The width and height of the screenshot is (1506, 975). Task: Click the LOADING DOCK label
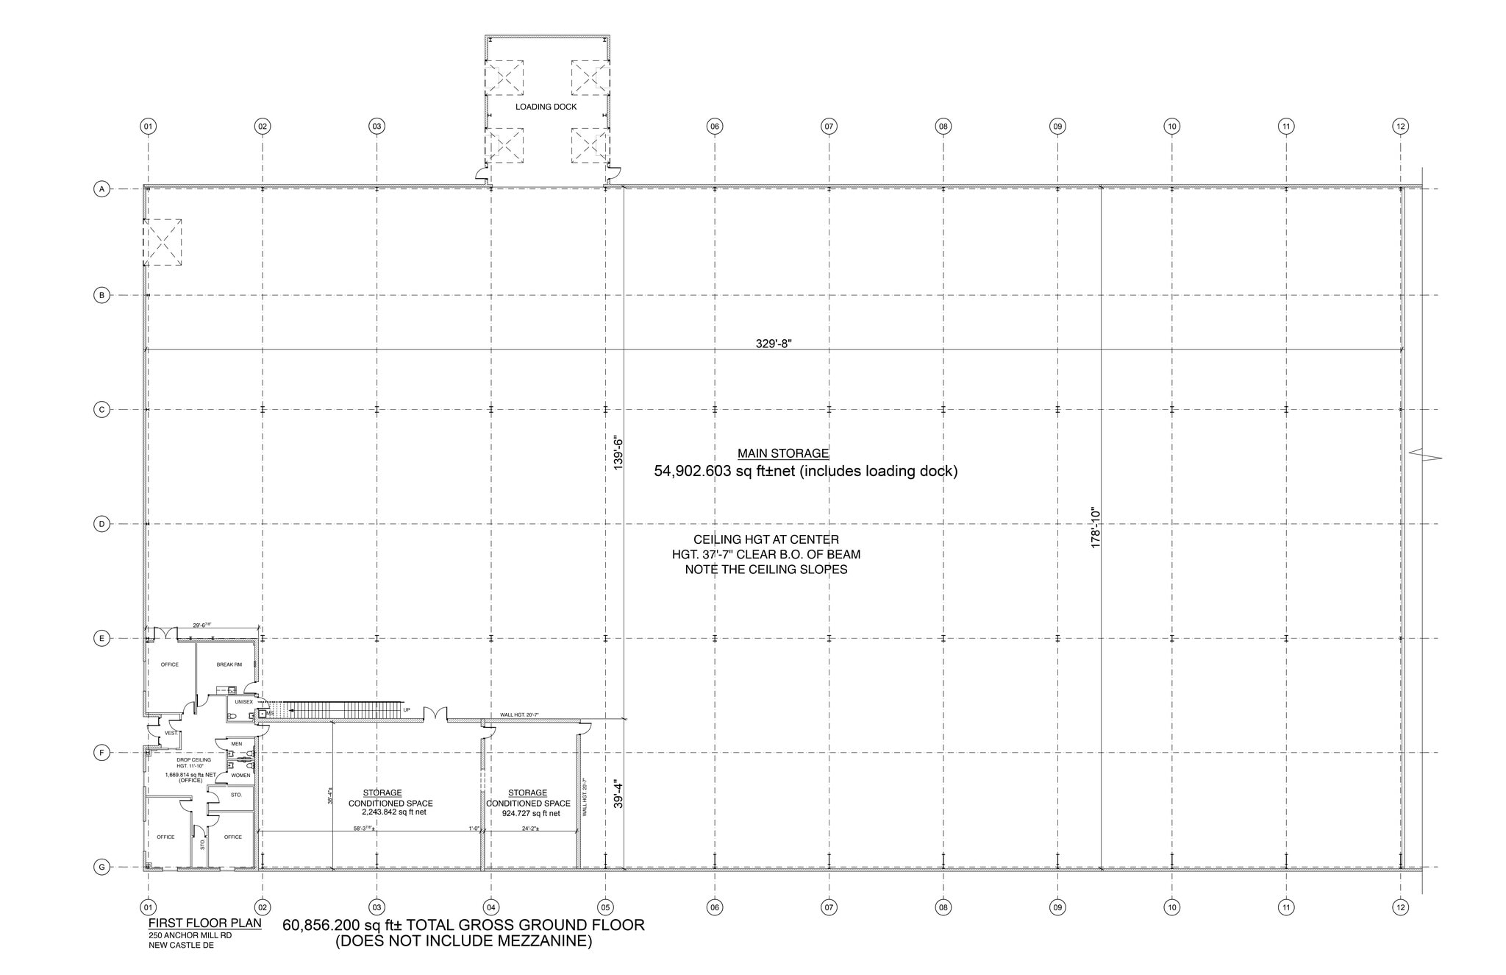click(546, 107)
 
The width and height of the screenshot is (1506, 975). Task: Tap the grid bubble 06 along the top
click(714, 127)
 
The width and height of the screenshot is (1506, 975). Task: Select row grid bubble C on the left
click(101, 409)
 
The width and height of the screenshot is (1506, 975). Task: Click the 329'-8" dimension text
click(774, 343)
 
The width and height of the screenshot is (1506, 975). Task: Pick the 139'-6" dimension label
click(618, 454)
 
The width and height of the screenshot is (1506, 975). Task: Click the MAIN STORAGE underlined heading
click(783, 453)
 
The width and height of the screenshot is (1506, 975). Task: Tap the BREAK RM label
click(229, 664)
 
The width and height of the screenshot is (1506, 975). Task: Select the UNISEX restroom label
click(243, 702)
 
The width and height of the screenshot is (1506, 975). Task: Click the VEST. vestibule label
click(171, 733)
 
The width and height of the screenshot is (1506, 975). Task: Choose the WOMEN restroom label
click(240, 775)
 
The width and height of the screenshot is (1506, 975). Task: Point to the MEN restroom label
click(236, 744)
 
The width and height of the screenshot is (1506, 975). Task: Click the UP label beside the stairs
click(407, 710)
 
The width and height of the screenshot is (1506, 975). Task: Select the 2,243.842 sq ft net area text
click(393, 812)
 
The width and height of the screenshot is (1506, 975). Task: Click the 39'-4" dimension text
click(618, 795)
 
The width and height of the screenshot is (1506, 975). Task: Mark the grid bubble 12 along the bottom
click(1400, 907)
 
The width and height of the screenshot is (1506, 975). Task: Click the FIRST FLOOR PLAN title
click(204, 923)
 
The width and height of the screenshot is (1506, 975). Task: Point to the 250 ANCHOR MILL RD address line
click(190, 935)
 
